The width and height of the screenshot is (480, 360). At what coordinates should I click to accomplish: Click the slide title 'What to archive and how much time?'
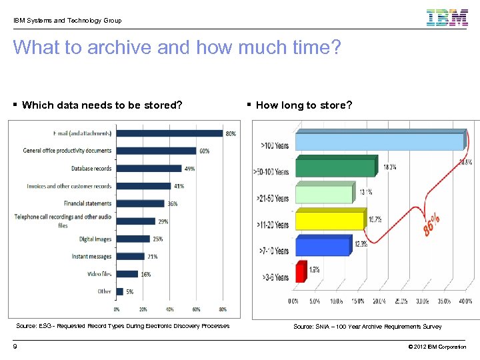point(177,48)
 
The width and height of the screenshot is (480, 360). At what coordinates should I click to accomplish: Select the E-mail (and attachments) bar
point(169,133)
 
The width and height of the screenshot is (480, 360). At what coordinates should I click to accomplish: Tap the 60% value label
point(204,151)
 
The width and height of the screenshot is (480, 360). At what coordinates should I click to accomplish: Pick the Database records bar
point(149,168)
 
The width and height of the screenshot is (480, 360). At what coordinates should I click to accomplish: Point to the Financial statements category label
point(87,203)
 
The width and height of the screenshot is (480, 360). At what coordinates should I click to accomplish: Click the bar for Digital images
point(133,239)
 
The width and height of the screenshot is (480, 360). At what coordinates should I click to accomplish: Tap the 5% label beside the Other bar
point(130,291)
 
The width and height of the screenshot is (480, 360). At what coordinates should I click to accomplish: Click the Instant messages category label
point(91,256)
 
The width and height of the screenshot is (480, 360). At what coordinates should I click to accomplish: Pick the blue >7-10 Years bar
point(322,246)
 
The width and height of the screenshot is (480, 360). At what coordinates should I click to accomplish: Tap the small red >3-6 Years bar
point(300,273)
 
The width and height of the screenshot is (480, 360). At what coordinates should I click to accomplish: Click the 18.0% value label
point(390,167)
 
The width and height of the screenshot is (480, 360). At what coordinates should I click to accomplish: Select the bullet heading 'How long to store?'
point(303,105)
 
